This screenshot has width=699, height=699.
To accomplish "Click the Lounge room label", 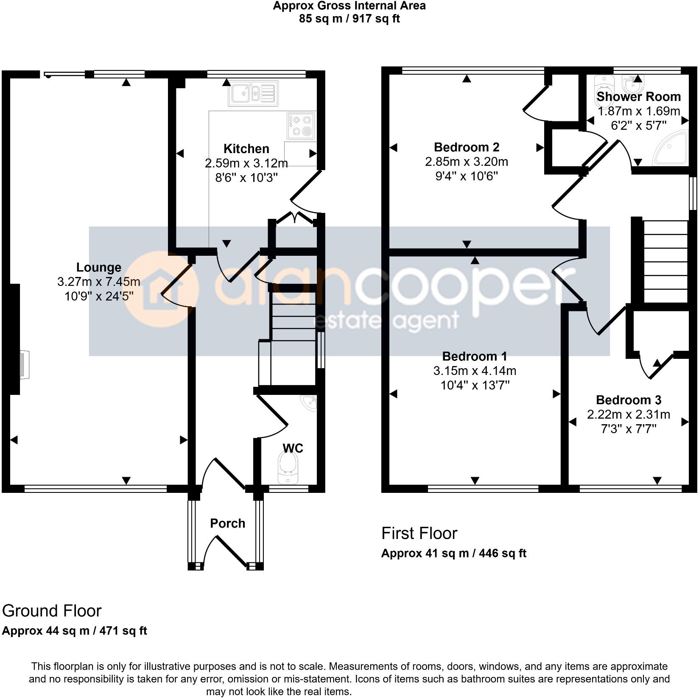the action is (x=98, y=267).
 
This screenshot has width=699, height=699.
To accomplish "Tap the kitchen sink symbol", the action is (x=253, y=93).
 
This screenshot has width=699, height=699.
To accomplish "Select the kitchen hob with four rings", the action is (x=301, y=126).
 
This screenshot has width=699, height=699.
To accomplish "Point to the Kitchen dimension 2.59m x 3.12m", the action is (x=246, y=163).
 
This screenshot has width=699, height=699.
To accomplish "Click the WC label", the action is (x=293, y=448).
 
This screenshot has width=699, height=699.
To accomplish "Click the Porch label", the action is (x=227, y=523).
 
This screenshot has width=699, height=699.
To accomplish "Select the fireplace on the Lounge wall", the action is (x=24, y=364).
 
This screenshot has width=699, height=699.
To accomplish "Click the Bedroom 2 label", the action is (x=467, y=147).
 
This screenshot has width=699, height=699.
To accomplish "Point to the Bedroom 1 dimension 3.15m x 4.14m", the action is (x=475, y=371).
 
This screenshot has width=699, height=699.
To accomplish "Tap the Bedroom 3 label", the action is (x=629, y=400).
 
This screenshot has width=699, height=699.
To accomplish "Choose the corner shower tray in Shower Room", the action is (x=671, y=148).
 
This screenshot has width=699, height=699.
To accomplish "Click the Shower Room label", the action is (x=638, y=97).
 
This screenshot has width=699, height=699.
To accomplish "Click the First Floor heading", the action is (x=419, y=533).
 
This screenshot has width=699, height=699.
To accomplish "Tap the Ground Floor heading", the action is (x=52, y=611).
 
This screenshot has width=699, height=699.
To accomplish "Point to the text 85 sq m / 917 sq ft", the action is (x=349, y=19).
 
